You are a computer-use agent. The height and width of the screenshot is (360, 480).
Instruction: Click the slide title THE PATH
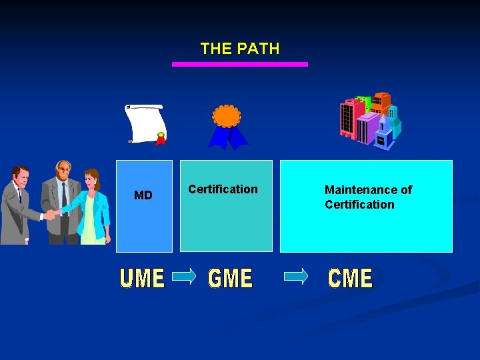pos(240,49)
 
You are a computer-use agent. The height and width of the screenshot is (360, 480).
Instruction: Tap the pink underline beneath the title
pos(240,64)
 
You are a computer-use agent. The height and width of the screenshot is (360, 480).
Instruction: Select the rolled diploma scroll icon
pos(145,123)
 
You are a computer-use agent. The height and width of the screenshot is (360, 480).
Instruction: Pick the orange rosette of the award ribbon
pos(226,116)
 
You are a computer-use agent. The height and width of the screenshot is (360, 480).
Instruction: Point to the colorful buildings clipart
pos(371,120)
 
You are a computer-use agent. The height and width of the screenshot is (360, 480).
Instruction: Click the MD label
pos(143,195)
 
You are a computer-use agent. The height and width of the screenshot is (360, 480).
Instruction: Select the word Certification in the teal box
pos(223,189)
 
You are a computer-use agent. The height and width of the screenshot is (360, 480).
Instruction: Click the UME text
pos(142,278)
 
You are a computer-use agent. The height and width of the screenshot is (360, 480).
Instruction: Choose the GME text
pos(231,278)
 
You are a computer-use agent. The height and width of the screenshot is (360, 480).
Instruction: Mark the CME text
pos(350,278)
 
